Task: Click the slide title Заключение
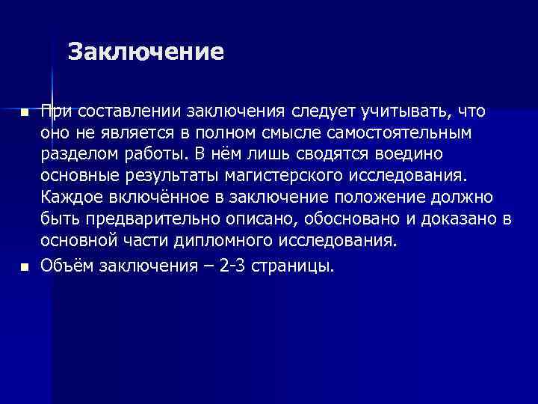click(x=146, y=52)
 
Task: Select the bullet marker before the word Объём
click(x=24, y=266)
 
